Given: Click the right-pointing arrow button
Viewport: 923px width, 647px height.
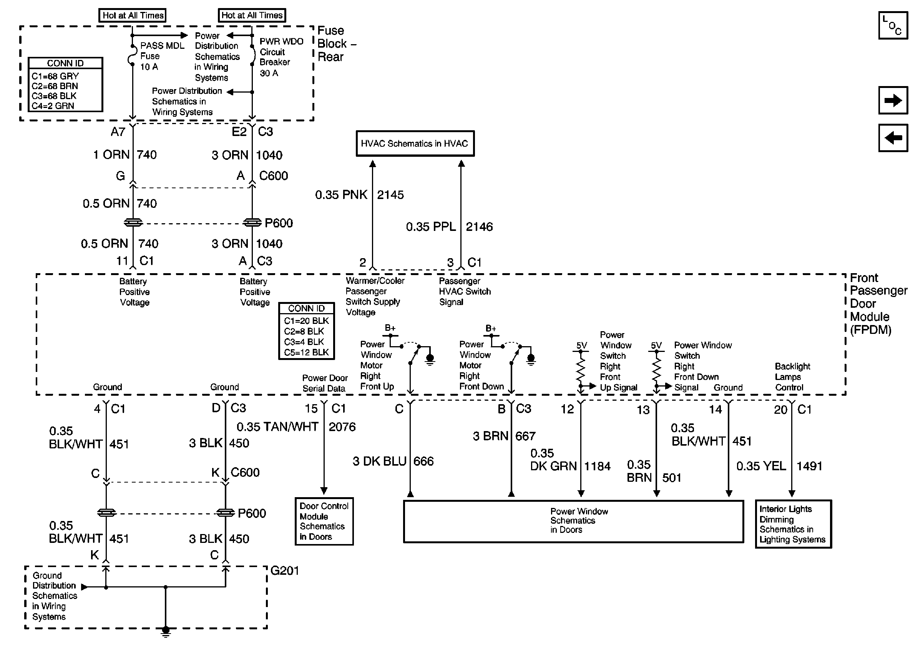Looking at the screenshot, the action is tap(893, 100).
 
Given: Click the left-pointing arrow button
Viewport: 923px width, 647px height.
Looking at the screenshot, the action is tap(893, 138).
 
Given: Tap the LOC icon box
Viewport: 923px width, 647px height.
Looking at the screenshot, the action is tap(893, 26).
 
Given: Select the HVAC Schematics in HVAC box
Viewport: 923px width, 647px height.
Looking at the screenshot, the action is tap(415, 143).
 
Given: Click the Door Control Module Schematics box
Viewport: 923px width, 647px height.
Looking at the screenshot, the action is tap(324, 521).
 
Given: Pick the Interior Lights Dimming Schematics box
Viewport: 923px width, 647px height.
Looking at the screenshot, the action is tap(793, 524).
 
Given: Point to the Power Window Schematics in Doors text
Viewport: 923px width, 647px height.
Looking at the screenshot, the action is tap(579, 521).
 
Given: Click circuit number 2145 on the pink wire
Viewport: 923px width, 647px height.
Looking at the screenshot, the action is tap(390, 195).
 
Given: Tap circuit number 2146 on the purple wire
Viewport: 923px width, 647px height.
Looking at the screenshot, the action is tap(479, 227).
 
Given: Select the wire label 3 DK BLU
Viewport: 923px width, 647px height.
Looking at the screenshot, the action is tap(380, 461).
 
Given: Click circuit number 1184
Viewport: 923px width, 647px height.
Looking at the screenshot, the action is tap(598, 466).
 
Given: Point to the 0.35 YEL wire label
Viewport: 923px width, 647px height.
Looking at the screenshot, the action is tap(761, 466).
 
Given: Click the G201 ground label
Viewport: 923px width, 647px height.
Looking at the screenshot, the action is tap(285, 571).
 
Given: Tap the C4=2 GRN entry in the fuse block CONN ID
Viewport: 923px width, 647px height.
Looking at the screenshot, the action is tap(53, 106).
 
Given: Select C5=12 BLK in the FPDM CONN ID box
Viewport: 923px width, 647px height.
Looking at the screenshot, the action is tap(306, 352).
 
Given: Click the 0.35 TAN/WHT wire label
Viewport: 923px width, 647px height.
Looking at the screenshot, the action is tap(277, 427).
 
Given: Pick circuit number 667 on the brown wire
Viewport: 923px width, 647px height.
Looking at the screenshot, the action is tap(525, 436).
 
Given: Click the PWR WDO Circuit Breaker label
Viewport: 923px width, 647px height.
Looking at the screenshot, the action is tap(281, 57).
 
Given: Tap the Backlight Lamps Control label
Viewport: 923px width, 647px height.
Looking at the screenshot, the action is tap(792, 377).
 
